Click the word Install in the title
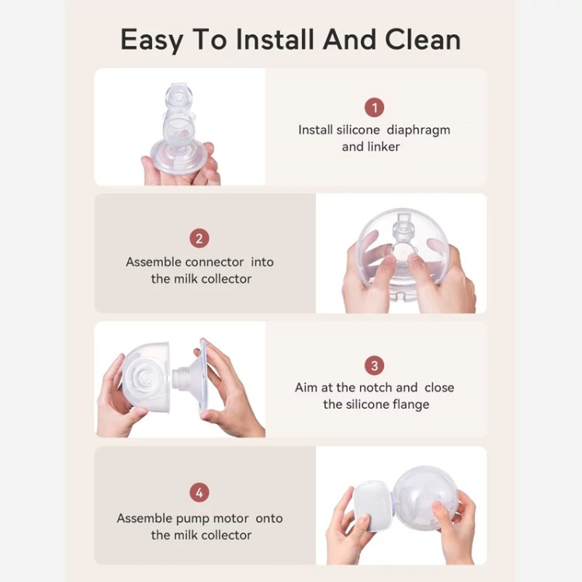(x=275, y=39)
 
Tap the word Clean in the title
(x=423, y=39)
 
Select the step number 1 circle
(x=374, y=107)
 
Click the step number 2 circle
(x=199, y=238)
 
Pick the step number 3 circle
(x=374, y=365)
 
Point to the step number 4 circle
(x=199, y=493)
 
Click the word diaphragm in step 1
(x=418, y=130)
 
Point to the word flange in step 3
(x=410, y=404)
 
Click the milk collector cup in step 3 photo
(x=146, y=376)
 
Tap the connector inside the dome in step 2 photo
(x=402, y=241)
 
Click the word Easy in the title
(x=152, y=40)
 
